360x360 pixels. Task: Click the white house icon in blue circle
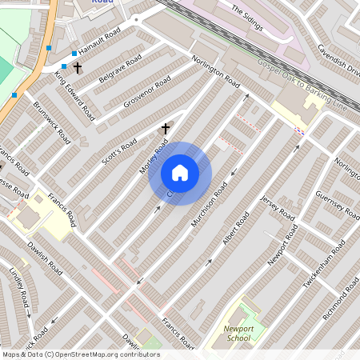[180, 173]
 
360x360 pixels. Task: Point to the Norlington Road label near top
[215, 70]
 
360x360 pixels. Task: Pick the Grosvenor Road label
[147, 94]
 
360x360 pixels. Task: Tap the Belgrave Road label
[119, 70]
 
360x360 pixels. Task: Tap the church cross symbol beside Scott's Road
[166, 128]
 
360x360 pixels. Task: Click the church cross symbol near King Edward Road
[77, 69]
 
